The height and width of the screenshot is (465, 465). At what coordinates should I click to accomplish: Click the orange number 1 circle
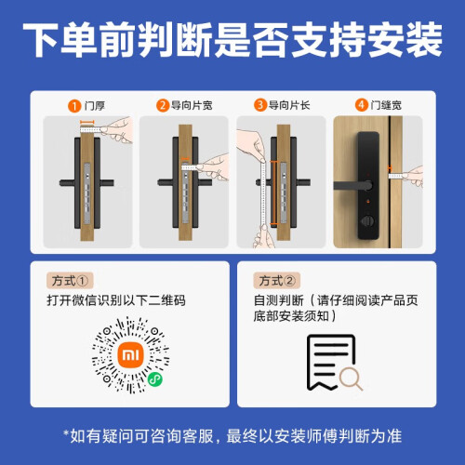click(74, 106)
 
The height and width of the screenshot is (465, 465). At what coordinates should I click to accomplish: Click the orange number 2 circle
click(163, 105)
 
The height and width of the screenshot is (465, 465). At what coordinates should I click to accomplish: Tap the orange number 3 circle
click(260, 105)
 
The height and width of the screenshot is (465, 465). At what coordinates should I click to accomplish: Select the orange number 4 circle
click(361, 105)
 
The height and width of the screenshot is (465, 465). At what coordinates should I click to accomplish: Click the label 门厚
click(95, 106)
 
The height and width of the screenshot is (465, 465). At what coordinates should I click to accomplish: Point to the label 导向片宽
click(192, 105)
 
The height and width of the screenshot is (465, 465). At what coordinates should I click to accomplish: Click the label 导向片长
click(289, 105)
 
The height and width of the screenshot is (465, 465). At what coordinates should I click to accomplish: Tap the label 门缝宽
click(386, 105)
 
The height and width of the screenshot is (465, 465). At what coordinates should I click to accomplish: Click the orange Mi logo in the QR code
click(130, 355)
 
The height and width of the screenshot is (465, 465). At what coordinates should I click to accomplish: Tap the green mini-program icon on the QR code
click(154, 379)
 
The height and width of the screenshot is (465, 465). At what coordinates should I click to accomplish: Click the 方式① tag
click(70, 281)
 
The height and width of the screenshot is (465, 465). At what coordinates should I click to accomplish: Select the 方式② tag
click(277, 281)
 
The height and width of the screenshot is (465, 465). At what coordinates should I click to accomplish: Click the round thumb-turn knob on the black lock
click(368, 221)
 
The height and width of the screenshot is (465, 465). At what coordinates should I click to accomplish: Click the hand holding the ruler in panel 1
click(118, 130)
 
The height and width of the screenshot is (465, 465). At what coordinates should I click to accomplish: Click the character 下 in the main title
click(41, 40)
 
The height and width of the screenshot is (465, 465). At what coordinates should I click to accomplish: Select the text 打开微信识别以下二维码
click(116, 300)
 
